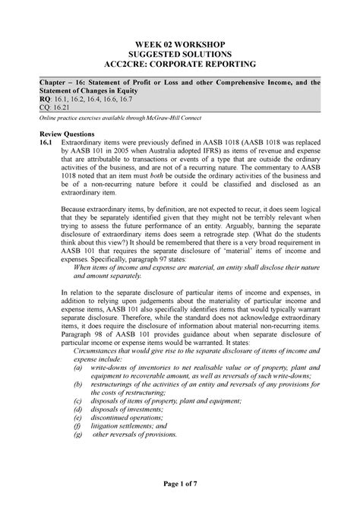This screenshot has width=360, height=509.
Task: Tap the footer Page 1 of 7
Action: (179, 495)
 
